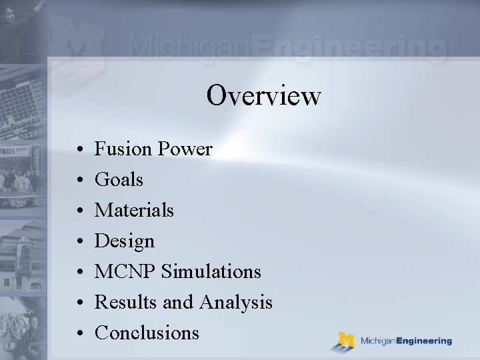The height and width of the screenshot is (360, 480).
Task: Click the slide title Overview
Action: tap(263, 95)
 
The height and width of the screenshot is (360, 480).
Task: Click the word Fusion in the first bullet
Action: tap(124, 149)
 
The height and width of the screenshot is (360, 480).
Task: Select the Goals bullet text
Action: tap(119, 179)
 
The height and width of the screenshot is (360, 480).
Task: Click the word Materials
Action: tap(134, 210)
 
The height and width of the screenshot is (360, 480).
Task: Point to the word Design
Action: tap(125, 241)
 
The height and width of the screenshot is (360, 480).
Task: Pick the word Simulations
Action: tap(211, 271)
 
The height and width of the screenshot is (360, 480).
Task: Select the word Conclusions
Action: tap(147, 333)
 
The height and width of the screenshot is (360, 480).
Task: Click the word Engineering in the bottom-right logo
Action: tap(422, 341)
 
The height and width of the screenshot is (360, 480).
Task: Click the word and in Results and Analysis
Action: tap(177, 303)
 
